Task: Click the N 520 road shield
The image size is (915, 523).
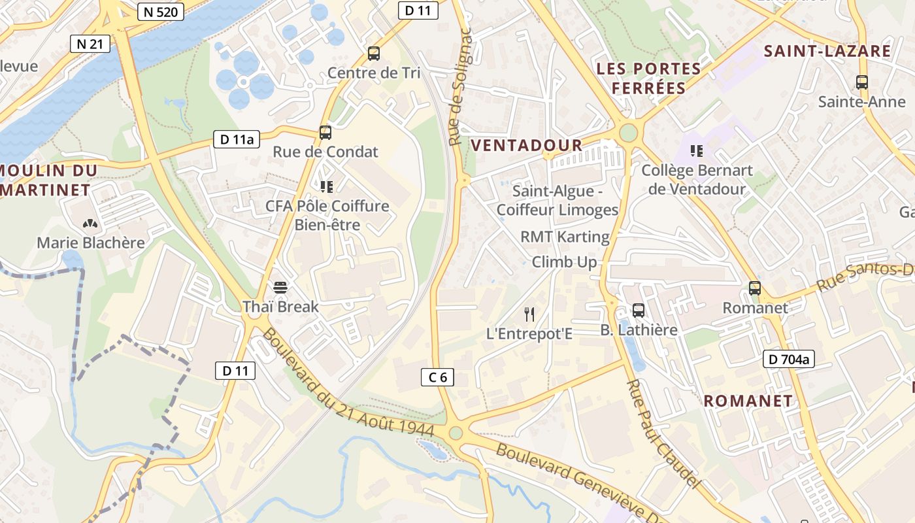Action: pos(161,11)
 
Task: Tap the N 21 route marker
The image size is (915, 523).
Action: pos(90,44)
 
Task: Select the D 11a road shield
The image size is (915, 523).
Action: pos(237,139)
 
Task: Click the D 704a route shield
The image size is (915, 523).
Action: pos(788,358)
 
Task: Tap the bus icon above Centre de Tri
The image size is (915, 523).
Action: pos(374,54)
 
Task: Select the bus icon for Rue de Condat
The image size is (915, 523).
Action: pos(325,133)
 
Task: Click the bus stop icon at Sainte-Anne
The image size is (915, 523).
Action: pos(862,82)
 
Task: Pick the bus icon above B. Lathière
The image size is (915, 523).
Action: pos(639,311)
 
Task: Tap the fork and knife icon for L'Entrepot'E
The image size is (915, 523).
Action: pos(529,314)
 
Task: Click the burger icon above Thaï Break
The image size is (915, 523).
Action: pos(280,287)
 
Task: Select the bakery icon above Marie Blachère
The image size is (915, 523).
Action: pos(90,224)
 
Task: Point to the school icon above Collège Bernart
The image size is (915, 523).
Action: pos(697,151)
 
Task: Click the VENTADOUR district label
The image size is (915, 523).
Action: pos(526,145)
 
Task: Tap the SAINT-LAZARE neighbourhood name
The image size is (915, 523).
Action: pos(827,51)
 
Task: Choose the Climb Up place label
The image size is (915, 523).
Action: pos(564,262)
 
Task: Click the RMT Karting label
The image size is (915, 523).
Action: pos(565,237)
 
